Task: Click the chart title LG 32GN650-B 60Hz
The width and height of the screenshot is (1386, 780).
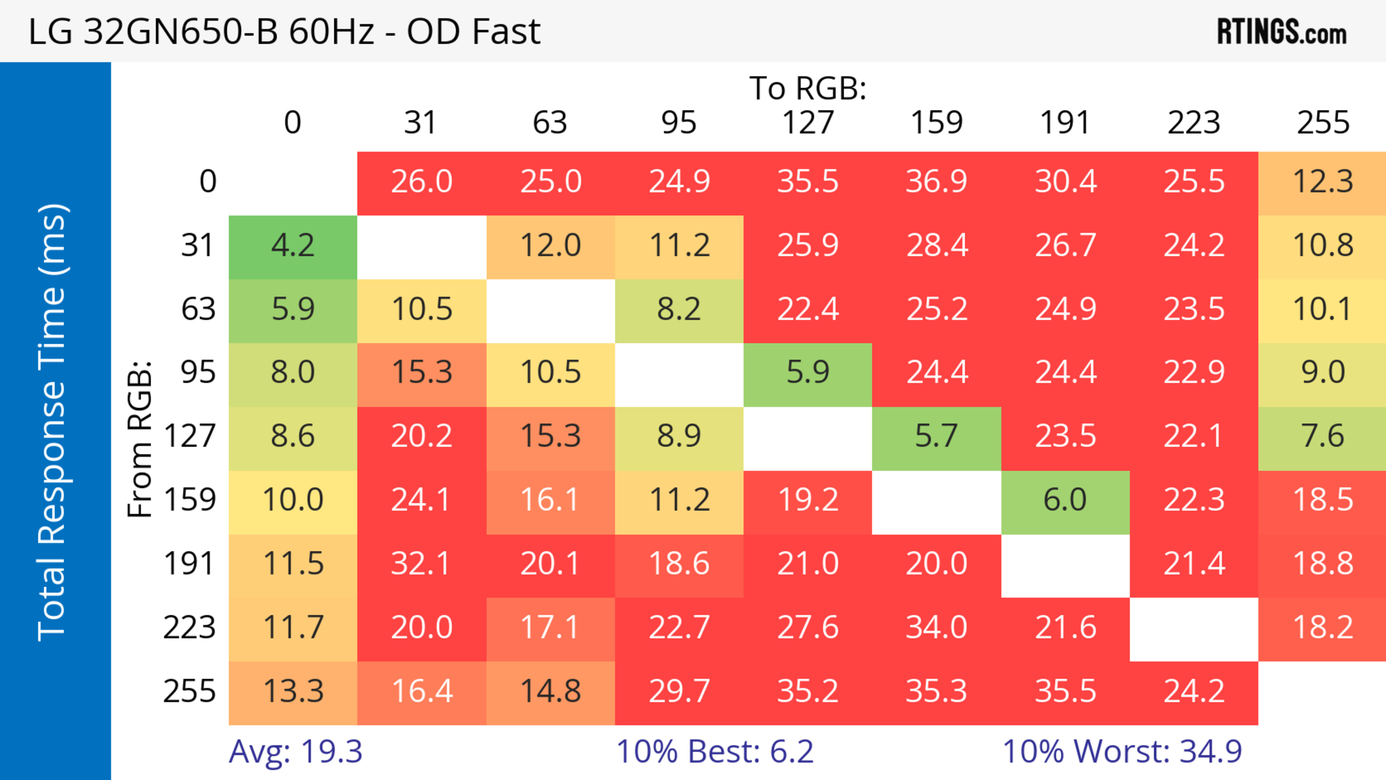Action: coord(284,32)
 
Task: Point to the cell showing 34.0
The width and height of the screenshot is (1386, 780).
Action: coord(936,628)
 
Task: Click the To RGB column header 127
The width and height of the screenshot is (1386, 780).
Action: coord(808,123)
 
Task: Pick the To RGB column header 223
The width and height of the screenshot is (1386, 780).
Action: coord(1194,123)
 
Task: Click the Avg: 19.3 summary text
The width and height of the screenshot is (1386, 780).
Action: coord(295,751)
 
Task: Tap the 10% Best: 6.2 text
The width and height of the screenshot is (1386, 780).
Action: coord(715,751)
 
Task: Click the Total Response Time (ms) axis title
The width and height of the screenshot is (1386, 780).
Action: coord(53,422)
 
